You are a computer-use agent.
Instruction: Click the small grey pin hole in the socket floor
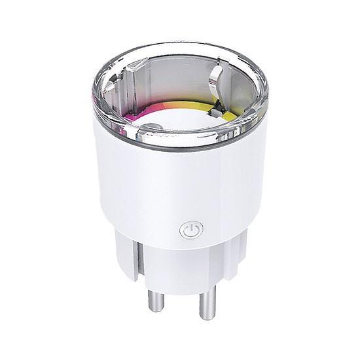pos(152,128)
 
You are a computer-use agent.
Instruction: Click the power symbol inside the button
pos(190,230)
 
